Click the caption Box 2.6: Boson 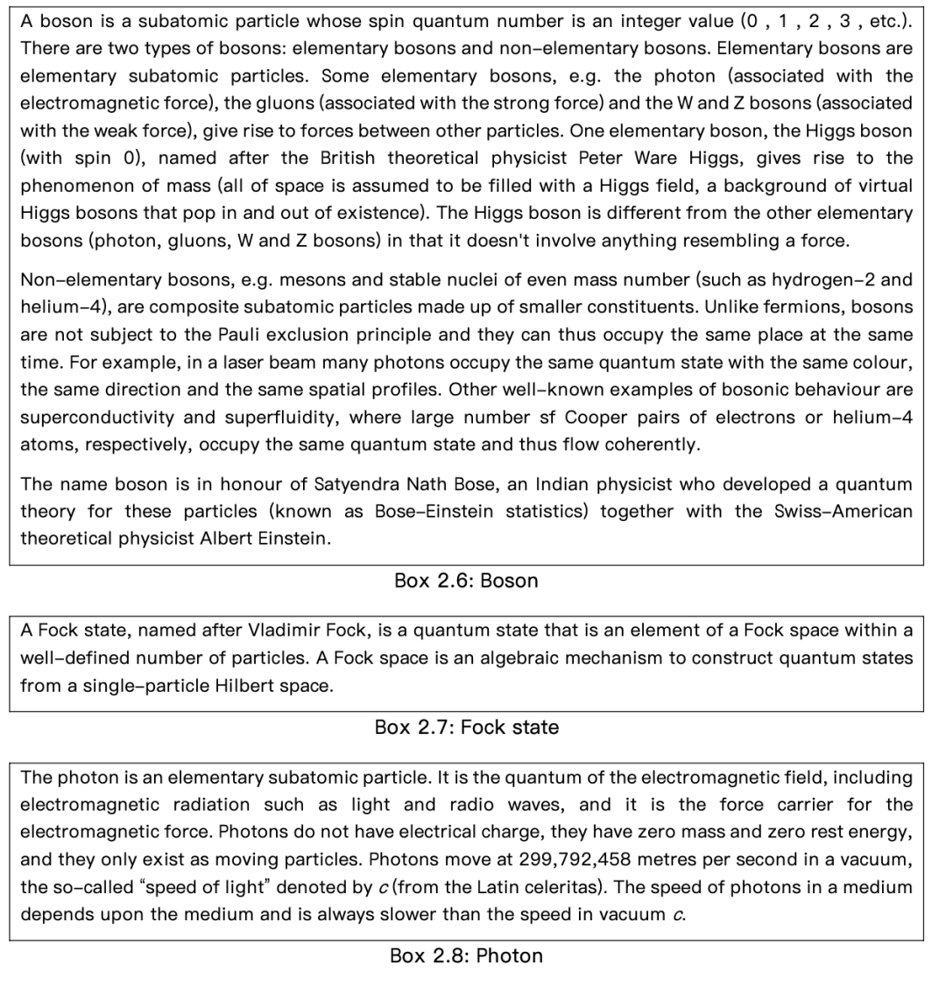(x=466, y=581)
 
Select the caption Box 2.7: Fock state (x=466, y=727)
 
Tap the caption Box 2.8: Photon (x=466, y=955)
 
